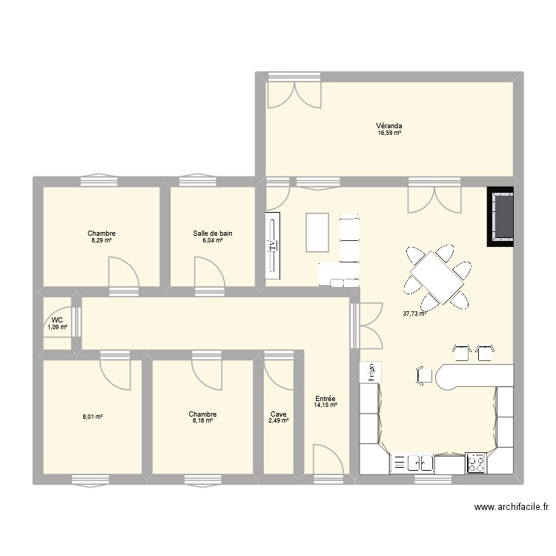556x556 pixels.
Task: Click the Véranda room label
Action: tap(388, 126)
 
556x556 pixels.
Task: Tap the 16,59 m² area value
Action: tap(388, 133)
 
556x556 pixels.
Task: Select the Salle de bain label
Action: tap(212, 233)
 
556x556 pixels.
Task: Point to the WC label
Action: tap(57, 320)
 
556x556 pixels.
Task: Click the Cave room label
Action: tap(278, 414)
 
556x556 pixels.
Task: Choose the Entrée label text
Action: tap(325, 398)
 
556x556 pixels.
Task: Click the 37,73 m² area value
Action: tap(415, 314)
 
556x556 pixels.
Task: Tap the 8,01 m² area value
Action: tap(92, 417)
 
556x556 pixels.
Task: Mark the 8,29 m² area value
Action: tap(102, 240)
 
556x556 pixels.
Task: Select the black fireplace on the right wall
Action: tap(500, 216)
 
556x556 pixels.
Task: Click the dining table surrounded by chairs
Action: tap(437, 277)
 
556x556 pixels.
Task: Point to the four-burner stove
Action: tap(476, 463)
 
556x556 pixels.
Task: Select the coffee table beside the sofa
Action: tap(317, 233)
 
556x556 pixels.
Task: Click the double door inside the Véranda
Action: tap(294, 94)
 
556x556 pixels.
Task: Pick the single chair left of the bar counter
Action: tap(425, 375)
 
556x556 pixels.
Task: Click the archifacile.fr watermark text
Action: tap(511, 508)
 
